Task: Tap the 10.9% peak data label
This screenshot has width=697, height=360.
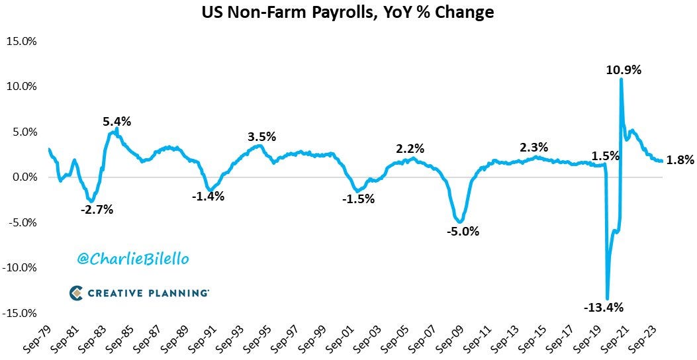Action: point(625,69)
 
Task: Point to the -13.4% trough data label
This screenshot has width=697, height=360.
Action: point(604,307)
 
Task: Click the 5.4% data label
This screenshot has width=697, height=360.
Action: point(116,122)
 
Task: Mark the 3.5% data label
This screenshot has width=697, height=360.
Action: point(261,137)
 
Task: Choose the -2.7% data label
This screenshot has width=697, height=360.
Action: point(97,210)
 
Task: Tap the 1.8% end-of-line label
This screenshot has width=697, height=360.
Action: point(680,159)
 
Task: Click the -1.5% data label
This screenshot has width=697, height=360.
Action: point(358,199)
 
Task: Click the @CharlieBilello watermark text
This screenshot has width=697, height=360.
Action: point(133,259)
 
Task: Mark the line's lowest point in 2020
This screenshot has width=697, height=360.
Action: point(607,298)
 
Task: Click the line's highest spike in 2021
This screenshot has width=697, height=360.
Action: point(621,79)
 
